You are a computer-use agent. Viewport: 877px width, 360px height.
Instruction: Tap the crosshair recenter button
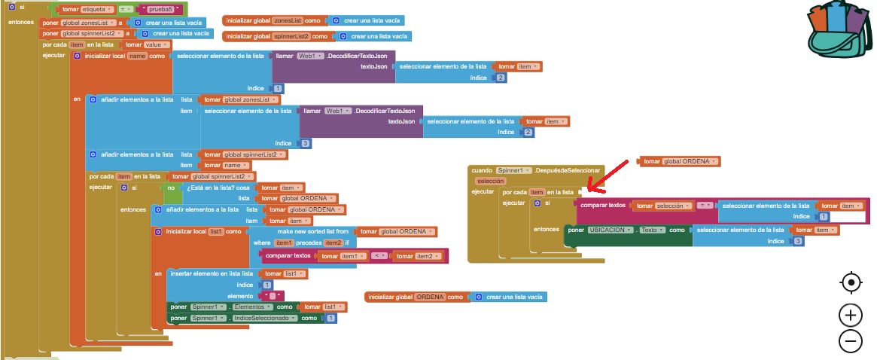[x=851, y=282]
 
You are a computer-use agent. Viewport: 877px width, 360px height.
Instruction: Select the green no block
[x=171, y=187]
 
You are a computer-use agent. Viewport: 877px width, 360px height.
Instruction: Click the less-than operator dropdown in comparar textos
[x=379, y=257]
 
